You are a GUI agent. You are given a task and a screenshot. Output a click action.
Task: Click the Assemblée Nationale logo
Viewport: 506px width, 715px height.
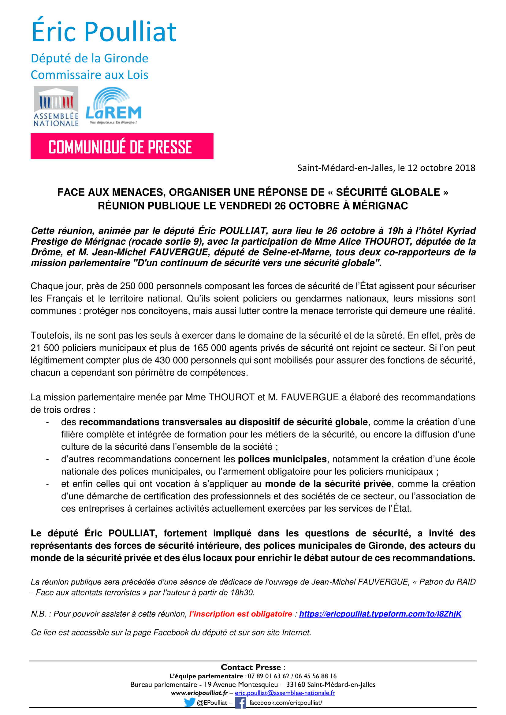[56, 106]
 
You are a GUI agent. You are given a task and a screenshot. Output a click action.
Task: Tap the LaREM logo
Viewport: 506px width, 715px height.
[113, 106]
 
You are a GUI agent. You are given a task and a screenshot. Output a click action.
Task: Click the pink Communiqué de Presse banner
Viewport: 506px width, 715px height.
[121, 147]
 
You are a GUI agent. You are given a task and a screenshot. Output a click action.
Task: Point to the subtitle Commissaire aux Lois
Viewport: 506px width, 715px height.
[89, 75]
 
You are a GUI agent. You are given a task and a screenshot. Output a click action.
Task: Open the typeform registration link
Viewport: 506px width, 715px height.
[380, 614]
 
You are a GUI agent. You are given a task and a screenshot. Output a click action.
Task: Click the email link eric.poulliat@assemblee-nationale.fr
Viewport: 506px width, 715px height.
[285, 693]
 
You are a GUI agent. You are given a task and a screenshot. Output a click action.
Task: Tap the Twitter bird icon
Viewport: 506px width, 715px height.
[189, 702]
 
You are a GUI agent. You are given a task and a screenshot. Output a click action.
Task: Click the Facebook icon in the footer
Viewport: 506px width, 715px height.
[240, 702]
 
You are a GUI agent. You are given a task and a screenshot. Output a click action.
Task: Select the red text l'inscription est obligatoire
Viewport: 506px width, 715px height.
[240, 614]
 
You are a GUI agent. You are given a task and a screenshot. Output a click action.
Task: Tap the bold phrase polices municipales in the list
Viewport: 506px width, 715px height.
[282, 459]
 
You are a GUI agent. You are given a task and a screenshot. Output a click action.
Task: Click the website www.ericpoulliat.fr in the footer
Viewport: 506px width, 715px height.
[199, 693]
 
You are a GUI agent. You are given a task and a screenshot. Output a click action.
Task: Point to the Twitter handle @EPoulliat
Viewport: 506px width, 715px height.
[212, 702]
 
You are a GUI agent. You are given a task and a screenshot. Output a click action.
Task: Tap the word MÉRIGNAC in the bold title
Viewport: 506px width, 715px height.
[380, 206]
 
